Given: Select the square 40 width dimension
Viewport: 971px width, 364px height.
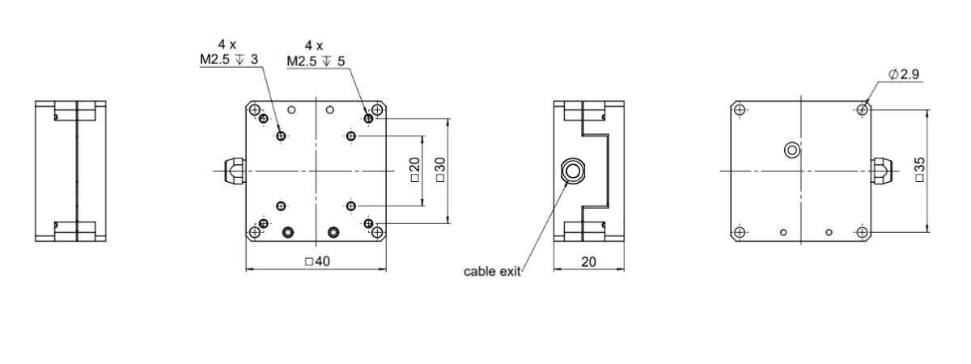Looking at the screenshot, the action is coord(318,261).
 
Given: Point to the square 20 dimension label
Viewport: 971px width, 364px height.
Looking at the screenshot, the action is coord(415,170).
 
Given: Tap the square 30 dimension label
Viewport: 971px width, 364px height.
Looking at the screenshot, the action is coord(440,170).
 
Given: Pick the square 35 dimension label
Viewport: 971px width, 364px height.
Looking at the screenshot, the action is coord(919,170).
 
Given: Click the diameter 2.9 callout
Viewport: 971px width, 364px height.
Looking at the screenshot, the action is coord(904,74).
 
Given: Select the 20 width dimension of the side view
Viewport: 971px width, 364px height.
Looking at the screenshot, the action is coord(589,262).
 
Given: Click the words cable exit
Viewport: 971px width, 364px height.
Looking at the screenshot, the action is coord(492,272).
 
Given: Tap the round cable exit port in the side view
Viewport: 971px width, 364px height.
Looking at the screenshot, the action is coord(573,171).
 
